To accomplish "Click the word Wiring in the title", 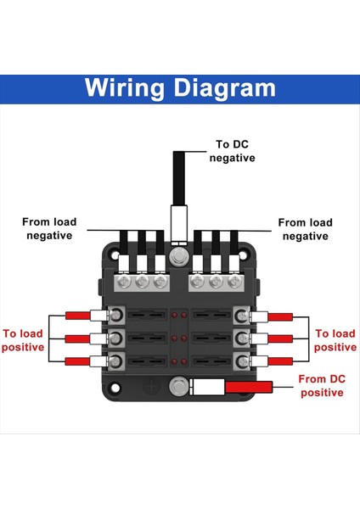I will coord(131,89).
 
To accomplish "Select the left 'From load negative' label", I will coord(49,228).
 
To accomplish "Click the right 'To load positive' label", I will coord(335,340).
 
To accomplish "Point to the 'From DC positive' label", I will coord(322,386).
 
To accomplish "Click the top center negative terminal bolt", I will coord(179,254).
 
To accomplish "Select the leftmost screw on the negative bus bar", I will coord(125,281).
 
